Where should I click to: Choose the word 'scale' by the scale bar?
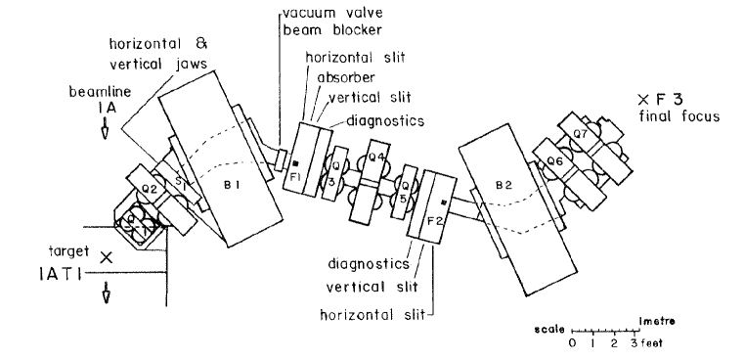pyautogui.click(x=549, y=331)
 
